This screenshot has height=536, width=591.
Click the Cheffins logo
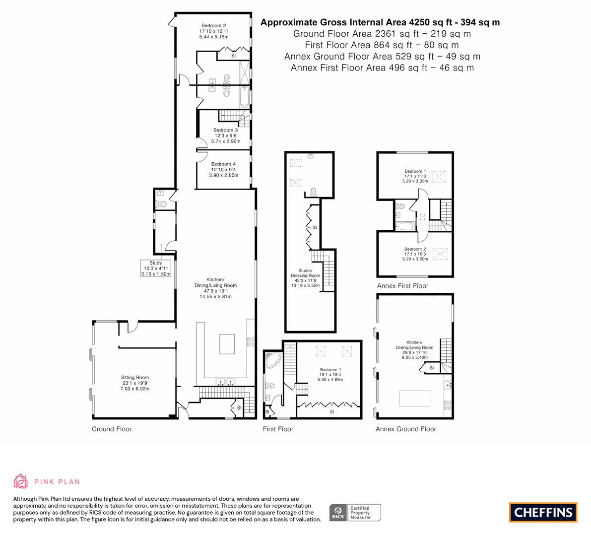coord(543,512)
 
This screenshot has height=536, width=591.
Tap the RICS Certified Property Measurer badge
coord(355,513)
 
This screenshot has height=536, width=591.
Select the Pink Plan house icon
coord(20,481)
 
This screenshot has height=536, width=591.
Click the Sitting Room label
coord(135,377)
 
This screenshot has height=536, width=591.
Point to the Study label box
coord(156,268)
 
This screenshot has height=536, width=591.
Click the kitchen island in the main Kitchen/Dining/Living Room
coord(227,344)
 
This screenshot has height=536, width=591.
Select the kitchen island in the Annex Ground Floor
coord(415,399)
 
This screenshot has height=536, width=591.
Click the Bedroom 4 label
coord(223,164)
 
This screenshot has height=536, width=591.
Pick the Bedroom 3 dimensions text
coord(226,138)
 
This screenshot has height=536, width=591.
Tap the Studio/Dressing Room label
coord(305,273)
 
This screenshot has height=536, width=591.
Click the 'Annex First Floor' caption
coord(402,286)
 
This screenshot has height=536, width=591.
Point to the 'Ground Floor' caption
coord(112,429)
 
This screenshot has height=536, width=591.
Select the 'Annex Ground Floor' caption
coord(405,429)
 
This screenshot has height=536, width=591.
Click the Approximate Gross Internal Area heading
coord(380,22)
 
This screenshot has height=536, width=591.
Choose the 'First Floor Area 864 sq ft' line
coord(382,45)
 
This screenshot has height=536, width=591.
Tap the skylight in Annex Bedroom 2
coord(440,254)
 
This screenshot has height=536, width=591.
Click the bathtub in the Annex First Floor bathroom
coord(405,226)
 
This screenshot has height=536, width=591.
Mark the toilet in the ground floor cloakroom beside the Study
coord(161,204)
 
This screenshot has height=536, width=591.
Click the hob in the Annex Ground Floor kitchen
coord(448,405)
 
